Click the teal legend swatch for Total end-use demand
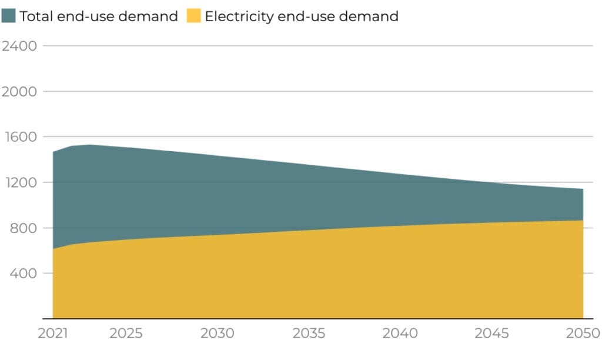point(9,16)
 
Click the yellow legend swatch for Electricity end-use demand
point(193,16)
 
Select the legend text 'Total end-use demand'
point(98,16)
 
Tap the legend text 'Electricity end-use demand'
point(301,16)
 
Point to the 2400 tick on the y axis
point(19,46)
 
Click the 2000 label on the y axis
point(19,91)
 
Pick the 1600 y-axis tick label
point(19,137)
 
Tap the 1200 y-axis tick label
point(19,182)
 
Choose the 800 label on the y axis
point(23,228)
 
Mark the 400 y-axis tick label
point(23,274)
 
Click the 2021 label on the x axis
point(53,334)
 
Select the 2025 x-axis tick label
point(126,334)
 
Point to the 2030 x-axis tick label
point(218,334)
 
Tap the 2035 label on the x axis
point(309,334)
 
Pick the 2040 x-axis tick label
point(400,334)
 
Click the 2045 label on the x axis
point(491,334)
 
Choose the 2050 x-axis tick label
point(583,334)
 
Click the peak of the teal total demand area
point(89,145)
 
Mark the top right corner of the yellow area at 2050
point(583,221)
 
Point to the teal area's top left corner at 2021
point(53,152)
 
